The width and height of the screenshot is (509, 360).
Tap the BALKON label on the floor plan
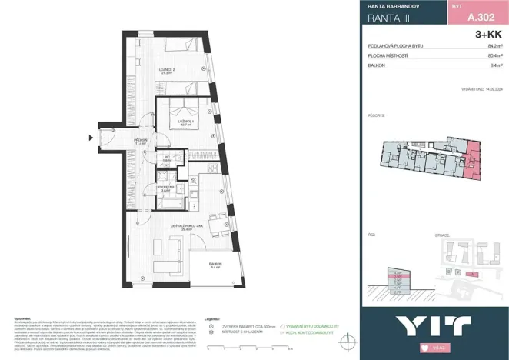[215, 266]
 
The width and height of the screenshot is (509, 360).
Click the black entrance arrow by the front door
[91, 139]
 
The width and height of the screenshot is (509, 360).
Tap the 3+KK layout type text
[490, 35]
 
